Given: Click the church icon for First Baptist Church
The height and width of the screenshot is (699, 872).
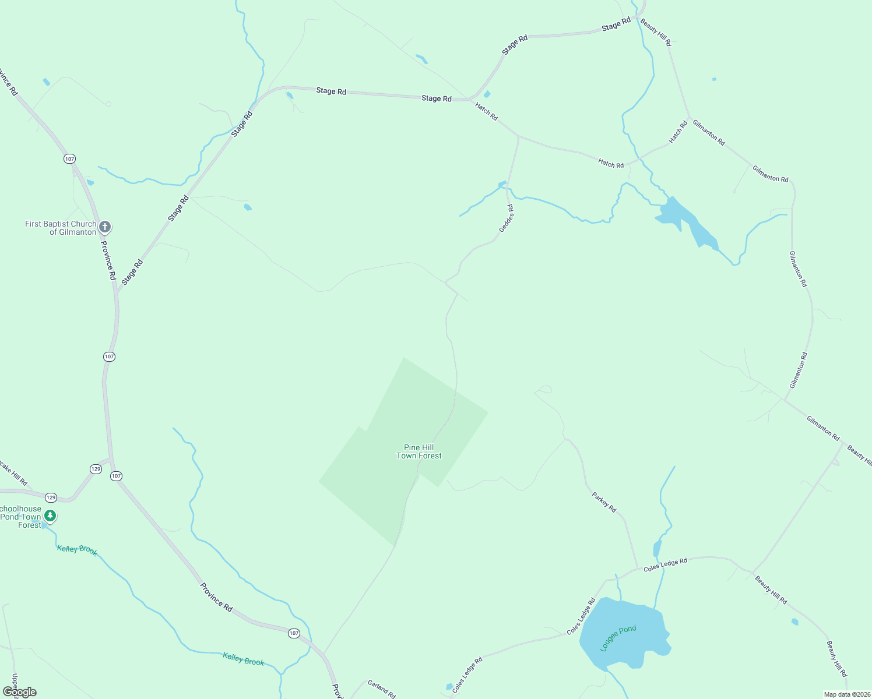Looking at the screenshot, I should coord(105,227).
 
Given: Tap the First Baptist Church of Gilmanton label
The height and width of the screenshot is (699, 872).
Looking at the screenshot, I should coord(61,228).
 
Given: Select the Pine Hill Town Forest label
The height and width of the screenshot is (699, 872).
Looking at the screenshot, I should coord(419,452).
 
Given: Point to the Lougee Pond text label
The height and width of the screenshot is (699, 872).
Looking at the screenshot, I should coord(618,638).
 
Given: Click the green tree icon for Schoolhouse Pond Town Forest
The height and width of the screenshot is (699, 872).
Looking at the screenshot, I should coord(50,516).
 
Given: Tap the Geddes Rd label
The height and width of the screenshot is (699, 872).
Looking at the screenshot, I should coord(507,218).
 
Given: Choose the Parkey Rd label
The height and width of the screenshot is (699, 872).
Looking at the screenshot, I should coord(604,502).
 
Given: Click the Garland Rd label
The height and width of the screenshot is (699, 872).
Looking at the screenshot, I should coord(382,689).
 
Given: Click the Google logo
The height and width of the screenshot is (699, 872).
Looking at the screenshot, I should coord(20,692).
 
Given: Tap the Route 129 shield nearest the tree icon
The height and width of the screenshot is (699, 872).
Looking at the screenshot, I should coord(51,497).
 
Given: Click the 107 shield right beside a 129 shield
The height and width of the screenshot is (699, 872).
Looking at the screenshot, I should coord(116,476).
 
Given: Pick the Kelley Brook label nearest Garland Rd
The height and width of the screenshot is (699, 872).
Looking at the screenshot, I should coord(244,659).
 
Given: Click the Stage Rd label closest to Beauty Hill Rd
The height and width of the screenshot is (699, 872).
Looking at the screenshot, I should coord(616,24).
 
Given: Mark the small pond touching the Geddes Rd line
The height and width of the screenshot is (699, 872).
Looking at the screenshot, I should coord(502,185).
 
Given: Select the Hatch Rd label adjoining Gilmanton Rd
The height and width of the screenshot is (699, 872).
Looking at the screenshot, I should coord(678,132).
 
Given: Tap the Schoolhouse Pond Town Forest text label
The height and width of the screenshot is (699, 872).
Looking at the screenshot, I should coord(21,517).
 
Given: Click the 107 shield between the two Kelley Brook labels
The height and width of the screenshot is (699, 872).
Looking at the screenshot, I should coord(294,633).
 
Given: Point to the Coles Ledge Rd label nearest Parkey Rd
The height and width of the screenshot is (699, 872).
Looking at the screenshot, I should coord(665,564).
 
